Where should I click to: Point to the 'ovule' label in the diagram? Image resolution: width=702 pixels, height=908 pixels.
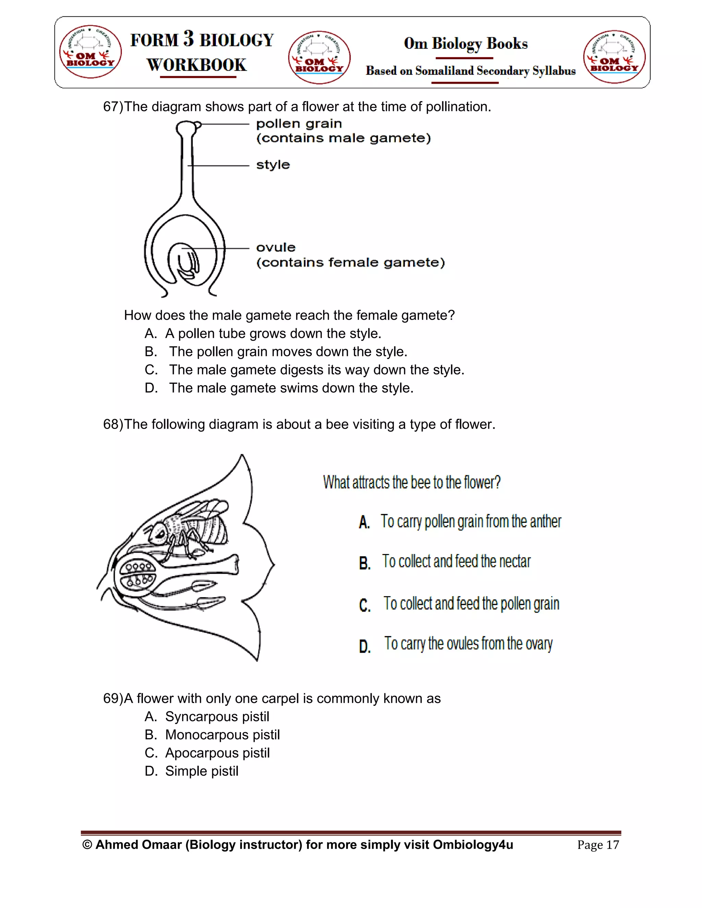click(276, 247)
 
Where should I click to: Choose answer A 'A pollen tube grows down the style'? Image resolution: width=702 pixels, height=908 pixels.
click(273, 333)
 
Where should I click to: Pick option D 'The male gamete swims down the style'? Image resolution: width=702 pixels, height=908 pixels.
click(291, 388)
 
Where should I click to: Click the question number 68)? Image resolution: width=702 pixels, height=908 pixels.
click(113, 425)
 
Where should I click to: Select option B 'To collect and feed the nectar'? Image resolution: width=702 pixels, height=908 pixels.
click(456, 562)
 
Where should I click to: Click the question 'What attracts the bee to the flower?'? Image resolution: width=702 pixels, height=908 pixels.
click(412, 482)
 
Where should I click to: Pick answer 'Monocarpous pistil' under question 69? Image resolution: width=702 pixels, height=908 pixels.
click(222, 735)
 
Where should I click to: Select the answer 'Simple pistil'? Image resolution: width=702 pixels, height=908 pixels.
click(202, 771)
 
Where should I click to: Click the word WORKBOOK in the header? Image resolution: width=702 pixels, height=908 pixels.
click(197, 65)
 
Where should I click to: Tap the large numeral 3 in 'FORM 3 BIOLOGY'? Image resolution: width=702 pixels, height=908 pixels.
click(189, 39)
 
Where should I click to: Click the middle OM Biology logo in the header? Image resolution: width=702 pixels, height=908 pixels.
click(319, 57)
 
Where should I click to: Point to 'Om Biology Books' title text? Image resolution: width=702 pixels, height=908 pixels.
click(465, 44)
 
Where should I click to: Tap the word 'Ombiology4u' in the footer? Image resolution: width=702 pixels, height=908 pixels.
click(473, 845)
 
